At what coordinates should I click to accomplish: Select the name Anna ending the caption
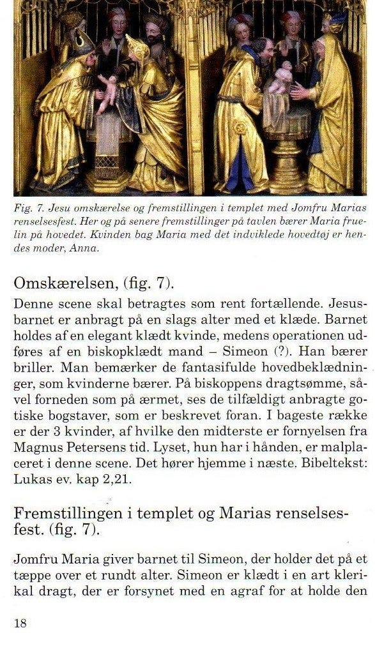84,248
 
